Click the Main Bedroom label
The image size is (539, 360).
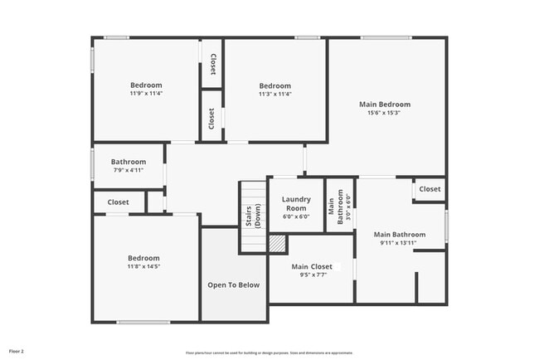point(384,105)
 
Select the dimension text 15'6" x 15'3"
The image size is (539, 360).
point(384,114)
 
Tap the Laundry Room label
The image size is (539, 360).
point(296,203)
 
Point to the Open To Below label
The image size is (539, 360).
point(233,285)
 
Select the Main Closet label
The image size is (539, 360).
point(312,266)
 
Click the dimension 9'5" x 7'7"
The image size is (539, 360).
point(312,275)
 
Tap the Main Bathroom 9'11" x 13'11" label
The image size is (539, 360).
point(399,235)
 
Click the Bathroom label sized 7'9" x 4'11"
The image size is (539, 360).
point(129,162)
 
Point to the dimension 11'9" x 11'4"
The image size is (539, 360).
point(146,94)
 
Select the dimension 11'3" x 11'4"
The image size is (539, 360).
point(274,95)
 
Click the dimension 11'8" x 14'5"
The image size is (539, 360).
point(143,267)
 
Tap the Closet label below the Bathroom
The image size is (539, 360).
point(118,202)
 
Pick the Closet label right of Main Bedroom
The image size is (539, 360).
point(430,189)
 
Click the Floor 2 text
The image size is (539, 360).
point(17,351)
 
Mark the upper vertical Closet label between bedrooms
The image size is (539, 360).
point(212,64)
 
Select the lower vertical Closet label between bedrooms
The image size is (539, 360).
point(212,118)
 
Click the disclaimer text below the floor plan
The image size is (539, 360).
point(269,352)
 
